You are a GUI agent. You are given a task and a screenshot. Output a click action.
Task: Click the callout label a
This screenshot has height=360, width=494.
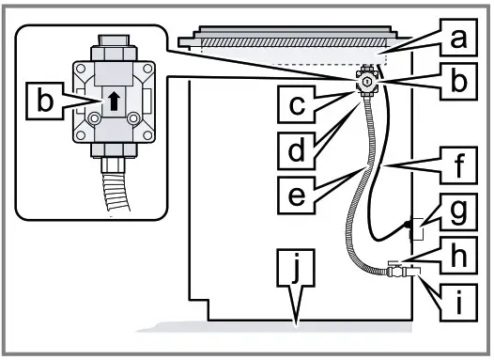coord(457,39)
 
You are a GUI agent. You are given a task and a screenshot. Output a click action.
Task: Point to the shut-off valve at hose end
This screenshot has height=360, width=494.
coord(401,274)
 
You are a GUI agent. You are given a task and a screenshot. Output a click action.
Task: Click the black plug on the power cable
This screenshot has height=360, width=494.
coord(409,226)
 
